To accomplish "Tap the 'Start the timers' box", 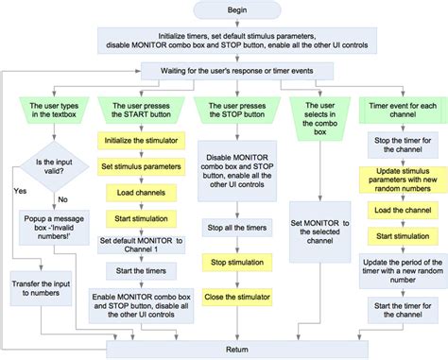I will click(139, 272).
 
